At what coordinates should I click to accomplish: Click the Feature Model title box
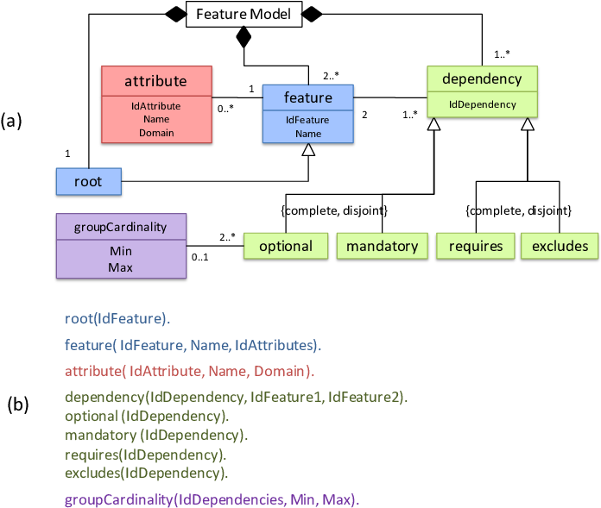[x=244, y=15]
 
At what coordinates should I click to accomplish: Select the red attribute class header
[x=156, y=81]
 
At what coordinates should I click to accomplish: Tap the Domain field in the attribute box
[x=156, y=133]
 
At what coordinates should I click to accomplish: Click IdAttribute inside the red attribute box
[x=156, y=105]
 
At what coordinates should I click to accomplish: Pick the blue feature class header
[x=307, y=97]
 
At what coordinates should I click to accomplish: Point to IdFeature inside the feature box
[x=307, y=120]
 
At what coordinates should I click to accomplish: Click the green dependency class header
[x=482, y=79]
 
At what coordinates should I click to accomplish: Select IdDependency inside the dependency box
[x=482, y=104]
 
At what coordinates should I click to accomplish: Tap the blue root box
[x=88, y=182]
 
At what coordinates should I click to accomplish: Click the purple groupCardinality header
[x=121, y=228]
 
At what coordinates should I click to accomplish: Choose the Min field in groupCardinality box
[x=121, y=252]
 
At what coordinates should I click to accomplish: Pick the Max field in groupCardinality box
[x=121, y=267]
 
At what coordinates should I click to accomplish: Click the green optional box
[x=286, y=246]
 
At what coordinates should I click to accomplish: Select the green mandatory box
[x=382, y=246]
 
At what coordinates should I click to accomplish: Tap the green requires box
[x=476, y=246]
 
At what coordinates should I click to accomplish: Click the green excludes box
[x=560, y=246]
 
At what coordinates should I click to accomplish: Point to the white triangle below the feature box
[x=308, y=151]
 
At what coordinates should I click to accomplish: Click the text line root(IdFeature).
[x=117, y=318]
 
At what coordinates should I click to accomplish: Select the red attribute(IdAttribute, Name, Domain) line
[x=189, y=372]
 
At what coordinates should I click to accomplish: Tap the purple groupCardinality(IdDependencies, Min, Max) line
[x=212, y=499]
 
